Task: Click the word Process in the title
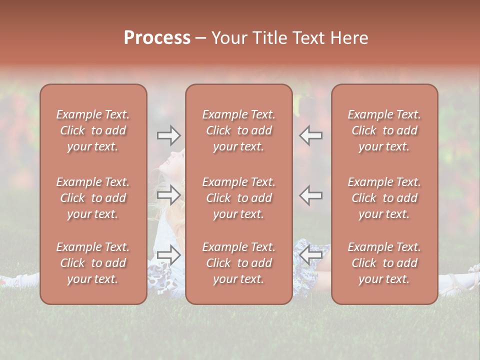pyautogui.click(x=157, y=38)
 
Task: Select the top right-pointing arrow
pyautogui.click(x=168, y=135)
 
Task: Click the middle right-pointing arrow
pyautogui.click(x=168, y=194)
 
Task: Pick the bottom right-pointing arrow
pyautogui.click(x=168, y=255)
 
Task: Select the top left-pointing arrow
pyautogui.click(x=311, y=135)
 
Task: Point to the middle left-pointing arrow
pyautogui.click(x=311, y=194)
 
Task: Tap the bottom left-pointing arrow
pyautogui.click(x=311, y=255)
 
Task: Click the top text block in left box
pyautogui.click(x=93, y=130)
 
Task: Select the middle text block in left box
pyautogui.click(x=93, y=198)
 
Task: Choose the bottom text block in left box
pyautogui.click(x=93, y=263)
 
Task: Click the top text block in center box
pyautogui.click(x=238, y=130)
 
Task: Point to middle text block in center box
pyautogui.click(x=238, y=198)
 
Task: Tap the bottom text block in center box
pyautogui.click(x=238, y=263)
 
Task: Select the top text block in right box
pyautogui.click(x=384, y=130)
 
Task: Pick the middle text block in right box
pyautogui.click(x=384, y=198)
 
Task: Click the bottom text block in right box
pyautogui.click(x=384, y=263)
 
